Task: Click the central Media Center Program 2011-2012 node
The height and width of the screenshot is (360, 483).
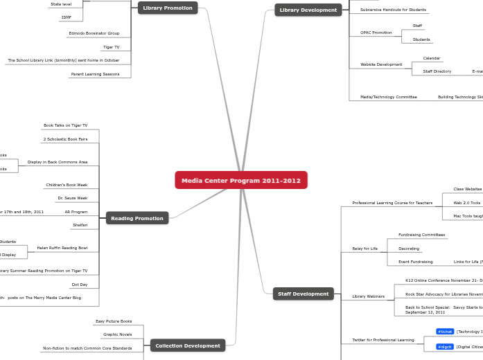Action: point(241,181)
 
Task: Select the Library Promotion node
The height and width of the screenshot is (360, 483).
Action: point(168,8)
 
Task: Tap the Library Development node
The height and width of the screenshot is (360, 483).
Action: point(308,10)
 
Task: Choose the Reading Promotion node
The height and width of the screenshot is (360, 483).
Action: point(137,218)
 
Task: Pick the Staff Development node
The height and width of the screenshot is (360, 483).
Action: point(304,294)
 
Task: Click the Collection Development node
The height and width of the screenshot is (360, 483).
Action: point(188,345)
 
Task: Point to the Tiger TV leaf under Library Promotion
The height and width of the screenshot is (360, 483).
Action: point(111,47)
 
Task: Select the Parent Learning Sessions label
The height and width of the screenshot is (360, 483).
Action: point(95,74)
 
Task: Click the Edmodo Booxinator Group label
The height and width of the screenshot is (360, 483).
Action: point(94,33)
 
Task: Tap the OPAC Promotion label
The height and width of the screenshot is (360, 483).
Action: point(376,33)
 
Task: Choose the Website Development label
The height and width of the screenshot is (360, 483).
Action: point(381,64)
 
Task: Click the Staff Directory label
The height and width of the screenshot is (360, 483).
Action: point(437,71)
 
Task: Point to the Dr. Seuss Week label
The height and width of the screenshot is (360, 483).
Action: point(73,198)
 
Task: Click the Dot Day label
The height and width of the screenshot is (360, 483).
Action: point(80,285)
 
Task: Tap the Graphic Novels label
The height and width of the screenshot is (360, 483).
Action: point(118,334)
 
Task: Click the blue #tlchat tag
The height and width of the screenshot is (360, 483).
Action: point(445,332)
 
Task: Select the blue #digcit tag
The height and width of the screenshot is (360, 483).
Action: point(445,347)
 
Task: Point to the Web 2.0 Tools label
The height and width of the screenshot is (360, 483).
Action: point(467,203)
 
